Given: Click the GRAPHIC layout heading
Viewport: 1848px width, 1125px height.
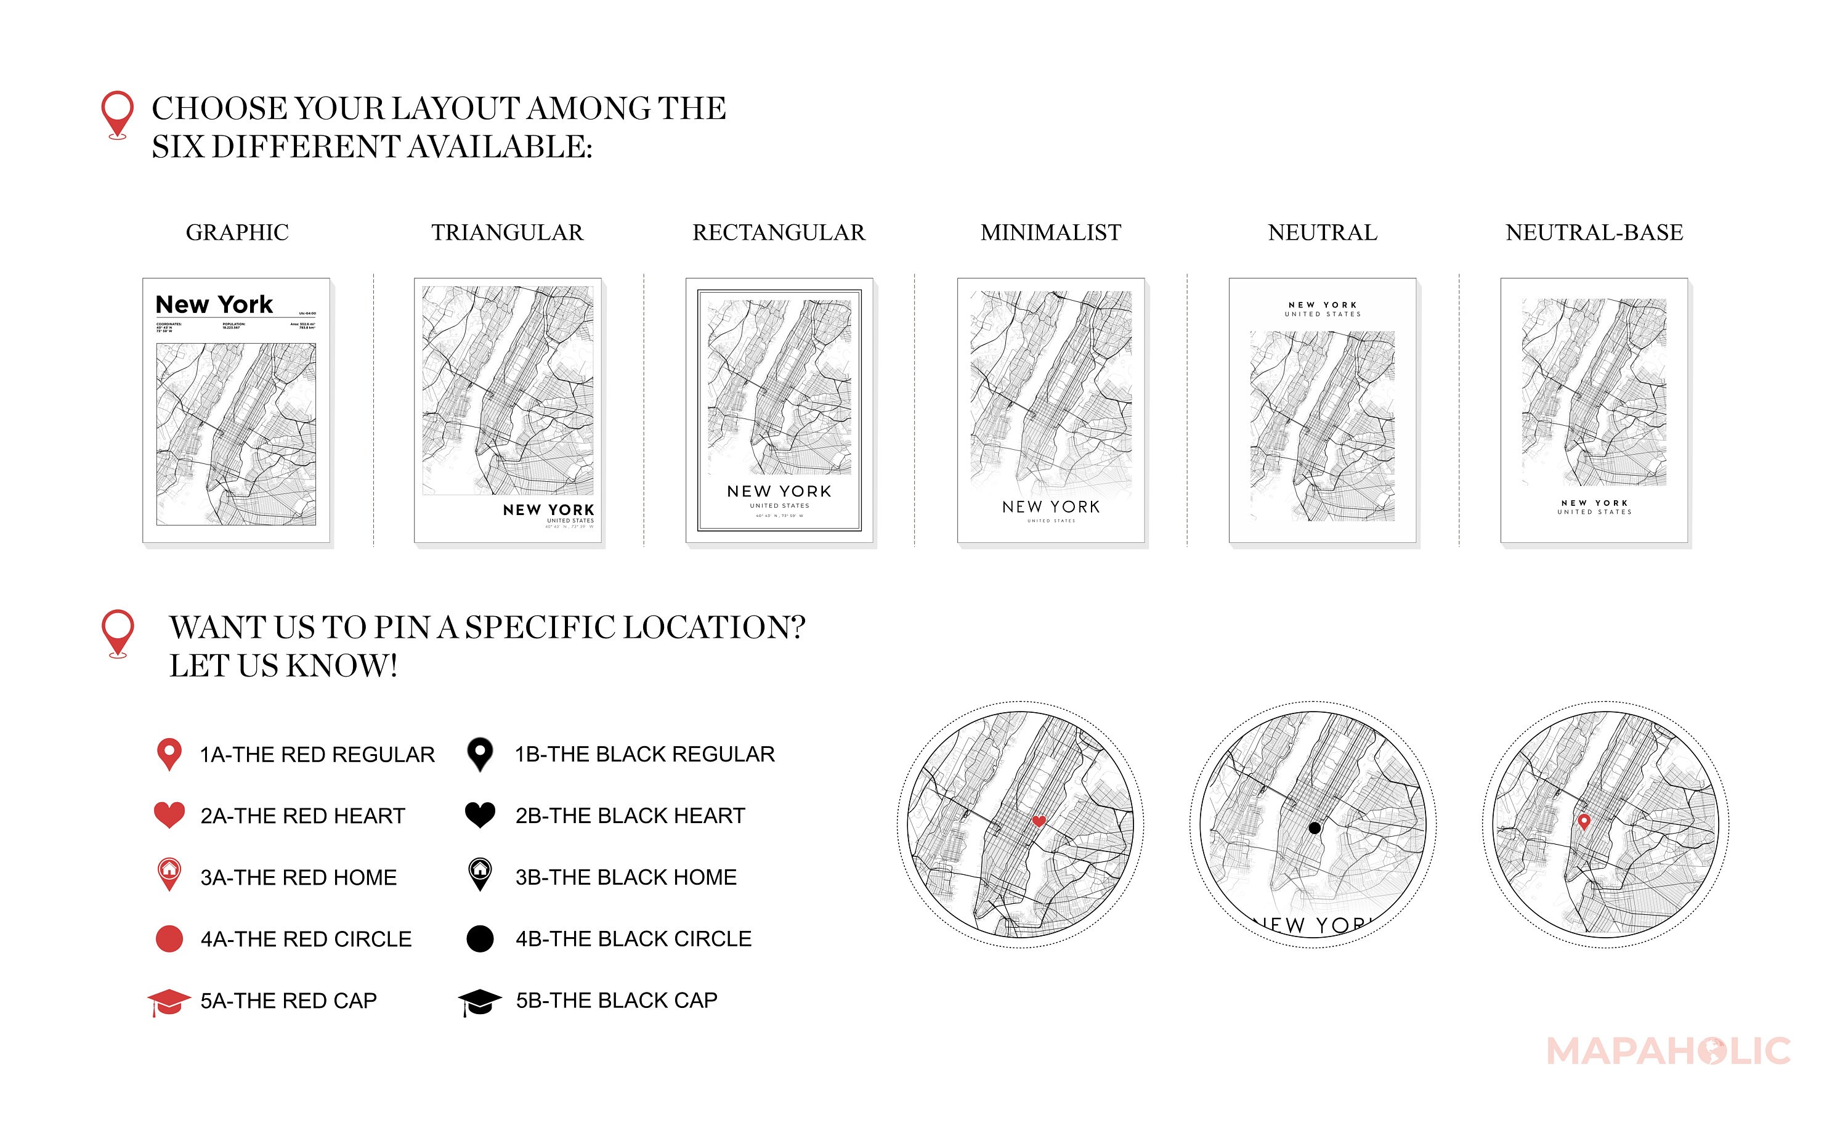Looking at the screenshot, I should coord(237,232).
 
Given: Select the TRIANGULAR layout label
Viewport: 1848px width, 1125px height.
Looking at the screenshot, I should coord(507,232).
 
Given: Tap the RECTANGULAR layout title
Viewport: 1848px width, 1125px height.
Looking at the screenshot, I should coord(779,232).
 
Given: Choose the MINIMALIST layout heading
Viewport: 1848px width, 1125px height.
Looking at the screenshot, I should coord(1051,232).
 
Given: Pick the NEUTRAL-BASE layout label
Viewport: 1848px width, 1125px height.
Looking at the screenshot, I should coord(1594,232).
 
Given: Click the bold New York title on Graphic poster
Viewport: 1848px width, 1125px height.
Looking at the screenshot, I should coord(214,304).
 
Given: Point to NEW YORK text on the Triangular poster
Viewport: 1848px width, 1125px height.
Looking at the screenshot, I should coord(548,510).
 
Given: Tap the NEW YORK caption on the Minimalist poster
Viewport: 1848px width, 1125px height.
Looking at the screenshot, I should coord(1051,507).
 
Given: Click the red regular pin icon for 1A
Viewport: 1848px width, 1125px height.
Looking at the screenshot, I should coord(169,753).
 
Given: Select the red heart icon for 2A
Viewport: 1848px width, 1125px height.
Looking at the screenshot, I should coord(169,814).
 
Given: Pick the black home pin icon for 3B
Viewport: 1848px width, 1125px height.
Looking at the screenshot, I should coord(480,874).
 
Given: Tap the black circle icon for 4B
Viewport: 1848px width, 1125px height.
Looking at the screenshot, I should coord(480,938).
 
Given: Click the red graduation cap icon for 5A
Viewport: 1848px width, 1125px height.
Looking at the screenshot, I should coord(169,1001).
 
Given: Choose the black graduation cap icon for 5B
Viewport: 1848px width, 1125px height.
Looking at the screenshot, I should coord(480,1001).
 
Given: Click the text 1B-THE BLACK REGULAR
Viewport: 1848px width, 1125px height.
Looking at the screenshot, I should coord(644,753).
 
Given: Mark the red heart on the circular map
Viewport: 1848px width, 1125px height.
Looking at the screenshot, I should coord(1039,821).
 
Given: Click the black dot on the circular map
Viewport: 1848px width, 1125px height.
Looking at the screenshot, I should coord(1314,828).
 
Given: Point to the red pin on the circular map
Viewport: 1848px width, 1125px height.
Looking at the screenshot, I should coord(1584,821).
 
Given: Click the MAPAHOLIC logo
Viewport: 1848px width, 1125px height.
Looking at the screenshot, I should coord(1669,1050).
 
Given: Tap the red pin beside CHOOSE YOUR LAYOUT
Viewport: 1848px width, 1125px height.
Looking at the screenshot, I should coord(118,114).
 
